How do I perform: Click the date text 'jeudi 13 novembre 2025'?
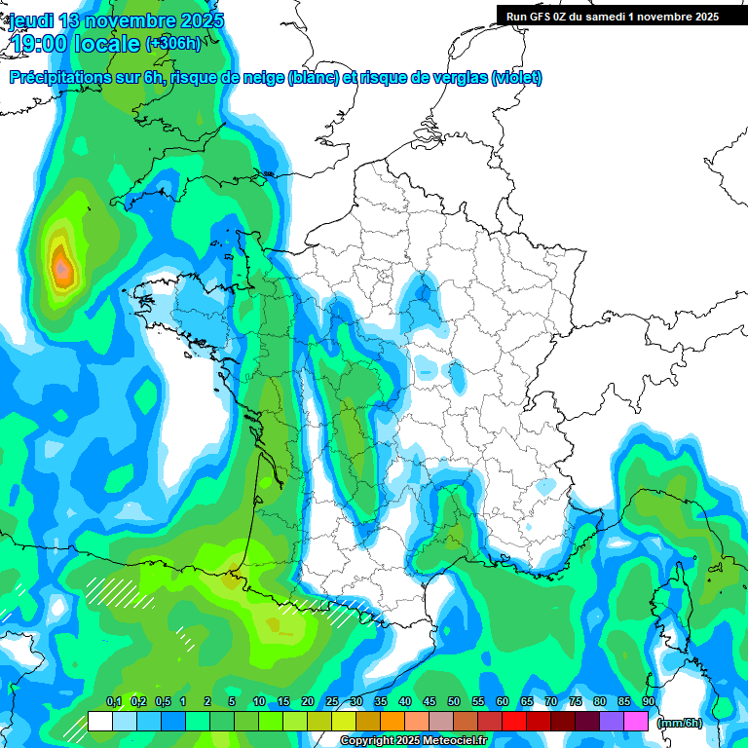[116, 20]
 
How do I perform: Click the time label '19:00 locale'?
[76, 44]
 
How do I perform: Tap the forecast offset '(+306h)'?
[173, 44]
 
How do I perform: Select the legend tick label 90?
[648, 701]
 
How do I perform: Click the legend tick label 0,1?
[114, 701]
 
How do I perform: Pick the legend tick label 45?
[430, 701]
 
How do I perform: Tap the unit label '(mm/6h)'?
[679, 723]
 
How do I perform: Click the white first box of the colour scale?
[99, 722]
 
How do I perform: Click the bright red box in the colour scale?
[514, 722]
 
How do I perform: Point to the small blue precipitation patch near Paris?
[422, 293]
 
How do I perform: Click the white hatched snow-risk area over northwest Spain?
[112, 591]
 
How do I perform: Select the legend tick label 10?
[259, 701]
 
